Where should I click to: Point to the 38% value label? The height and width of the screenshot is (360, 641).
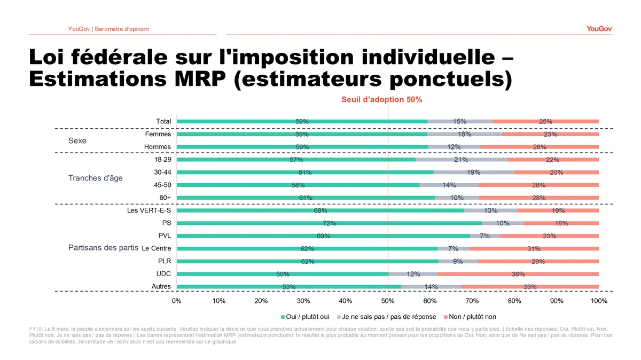518,275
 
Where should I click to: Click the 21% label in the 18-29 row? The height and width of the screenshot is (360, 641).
461,160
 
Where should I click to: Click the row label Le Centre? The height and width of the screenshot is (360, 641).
157,248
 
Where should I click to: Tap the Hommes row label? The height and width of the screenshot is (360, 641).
158,147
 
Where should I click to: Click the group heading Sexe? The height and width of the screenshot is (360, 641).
77,142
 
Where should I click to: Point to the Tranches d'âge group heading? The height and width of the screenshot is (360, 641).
96,178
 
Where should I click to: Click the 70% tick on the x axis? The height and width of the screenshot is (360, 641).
472,301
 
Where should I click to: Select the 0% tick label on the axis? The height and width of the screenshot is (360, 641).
177,301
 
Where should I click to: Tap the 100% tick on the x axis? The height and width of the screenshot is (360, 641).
599,301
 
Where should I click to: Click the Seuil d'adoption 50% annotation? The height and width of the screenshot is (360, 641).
382,99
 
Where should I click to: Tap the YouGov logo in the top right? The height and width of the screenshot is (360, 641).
599,29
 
